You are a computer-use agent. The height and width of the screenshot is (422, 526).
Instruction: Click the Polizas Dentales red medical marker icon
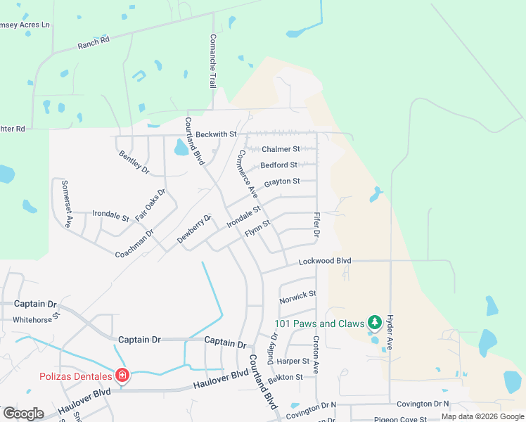(122, 376)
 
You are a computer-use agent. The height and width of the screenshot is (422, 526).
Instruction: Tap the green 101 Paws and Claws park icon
(375, 323)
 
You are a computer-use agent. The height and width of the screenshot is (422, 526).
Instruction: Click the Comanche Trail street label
(212, 61)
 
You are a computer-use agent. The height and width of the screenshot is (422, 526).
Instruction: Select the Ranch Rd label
(94, 44)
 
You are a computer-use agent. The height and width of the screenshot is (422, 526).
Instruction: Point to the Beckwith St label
(217, 134)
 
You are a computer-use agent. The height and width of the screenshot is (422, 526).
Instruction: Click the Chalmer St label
(281, 149)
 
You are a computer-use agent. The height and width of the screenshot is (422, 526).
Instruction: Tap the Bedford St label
(278, 165)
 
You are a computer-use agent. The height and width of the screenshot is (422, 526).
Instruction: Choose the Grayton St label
(282, 183)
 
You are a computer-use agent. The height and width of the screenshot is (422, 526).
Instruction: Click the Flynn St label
(257, 228)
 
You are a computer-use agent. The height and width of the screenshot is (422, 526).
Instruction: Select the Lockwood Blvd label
(324, 261)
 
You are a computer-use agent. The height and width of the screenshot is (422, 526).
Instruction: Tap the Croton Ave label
(316, 358)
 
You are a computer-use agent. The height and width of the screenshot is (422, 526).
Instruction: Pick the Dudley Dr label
(274, 345)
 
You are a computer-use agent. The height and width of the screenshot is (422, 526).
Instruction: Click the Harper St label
(293, 361)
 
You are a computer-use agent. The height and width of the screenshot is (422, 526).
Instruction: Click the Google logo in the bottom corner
(23, 414)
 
